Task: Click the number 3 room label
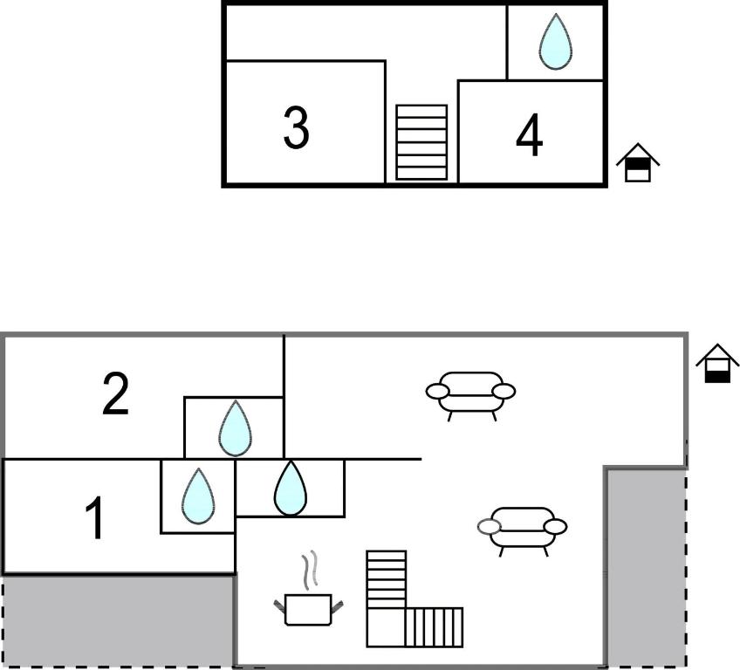[297, 127]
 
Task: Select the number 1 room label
[95, 517]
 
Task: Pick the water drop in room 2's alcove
[234, 428]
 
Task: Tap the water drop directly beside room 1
[198, 496]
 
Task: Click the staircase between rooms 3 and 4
[421, 142]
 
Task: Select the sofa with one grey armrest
[523, 527]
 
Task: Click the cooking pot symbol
[308, 608]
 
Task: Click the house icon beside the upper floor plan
[638, 162]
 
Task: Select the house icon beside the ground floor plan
[717, 364]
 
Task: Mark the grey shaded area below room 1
[118, 621]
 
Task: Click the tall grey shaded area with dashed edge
[645, 567]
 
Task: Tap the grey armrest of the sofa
[489, 526]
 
